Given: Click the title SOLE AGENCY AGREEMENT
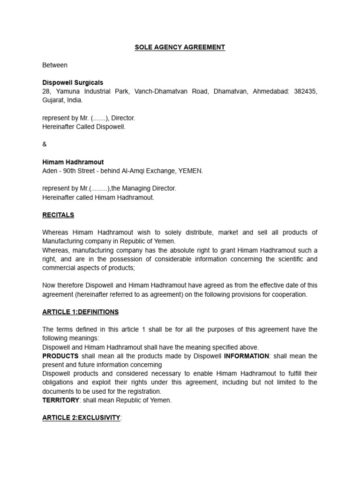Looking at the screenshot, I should point(180,47).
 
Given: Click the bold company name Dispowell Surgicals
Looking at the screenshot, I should point(73,82).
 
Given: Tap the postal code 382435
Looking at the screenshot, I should point(306,91).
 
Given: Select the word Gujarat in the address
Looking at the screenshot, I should point(53,100).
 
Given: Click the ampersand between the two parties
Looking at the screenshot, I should point(45,144).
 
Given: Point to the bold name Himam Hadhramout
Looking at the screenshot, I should point(73,162).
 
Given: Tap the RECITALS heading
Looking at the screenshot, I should point(58,215).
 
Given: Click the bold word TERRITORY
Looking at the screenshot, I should point(60,400).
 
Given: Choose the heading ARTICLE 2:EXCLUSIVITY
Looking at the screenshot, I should point(81,418).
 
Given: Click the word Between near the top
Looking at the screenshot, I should point(55,65).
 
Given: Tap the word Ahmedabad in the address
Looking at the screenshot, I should point(271,91).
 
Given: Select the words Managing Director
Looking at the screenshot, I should point(149,188).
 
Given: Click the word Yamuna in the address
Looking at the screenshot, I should point(69,91).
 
